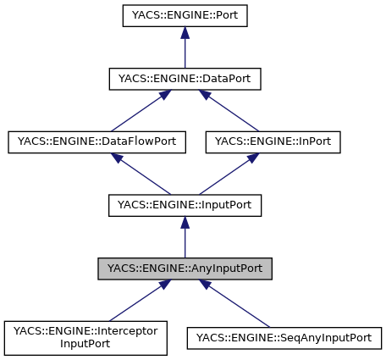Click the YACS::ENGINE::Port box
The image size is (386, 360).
pyautogui.click(x=185, y=15)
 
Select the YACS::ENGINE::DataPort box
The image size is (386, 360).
pyautogui.click(x=185, y=79)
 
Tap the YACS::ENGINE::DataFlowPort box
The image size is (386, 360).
pyautogui.click(x=96, y=142)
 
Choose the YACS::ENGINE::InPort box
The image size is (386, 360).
pyautogui.click(x=273, y=142)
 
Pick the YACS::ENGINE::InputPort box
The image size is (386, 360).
pyautogui.click(x=185, y=206)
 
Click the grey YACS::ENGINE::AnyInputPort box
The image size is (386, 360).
pyautogui.click(x=185, y=269)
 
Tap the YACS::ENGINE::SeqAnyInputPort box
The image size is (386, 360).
pyautogui.click(x=284, y=338)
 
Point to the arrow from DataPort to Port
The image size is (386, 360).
pyautogui.click(x=185, y=49)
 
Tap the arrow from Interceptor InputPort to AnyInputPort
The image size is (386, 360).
pyautogui.click(x=135, y=301)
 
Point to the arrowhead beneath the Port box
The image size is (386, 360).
pyautogui.click(x=185, y=34)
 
